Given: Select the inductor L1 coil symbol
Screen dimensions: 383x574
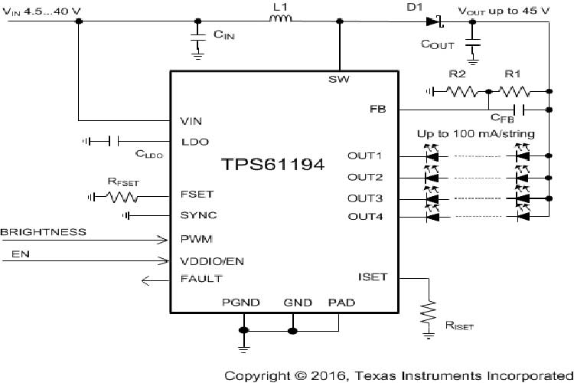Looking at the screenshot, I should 282,21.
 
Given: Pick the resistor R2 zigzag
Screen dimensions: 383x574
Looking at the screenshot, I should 461,91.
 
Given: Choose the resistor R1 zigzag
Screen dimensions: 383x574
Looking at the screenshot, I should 518,91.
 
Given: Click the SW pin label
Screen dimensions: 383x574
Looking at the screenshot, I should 338,79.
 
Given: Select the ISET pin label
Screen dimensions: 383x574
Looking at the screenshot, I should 372,277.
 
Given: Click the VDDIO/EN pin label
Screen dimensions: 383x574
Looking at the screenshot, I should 211,260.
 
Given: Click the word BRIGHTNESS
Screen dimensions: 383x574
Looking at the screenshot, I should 44,231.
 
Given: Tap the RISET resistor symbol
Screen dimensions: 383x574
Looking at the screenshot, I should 428,312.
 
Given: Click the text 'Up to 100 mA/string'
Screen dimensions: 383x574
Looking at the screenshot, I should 475,134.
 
